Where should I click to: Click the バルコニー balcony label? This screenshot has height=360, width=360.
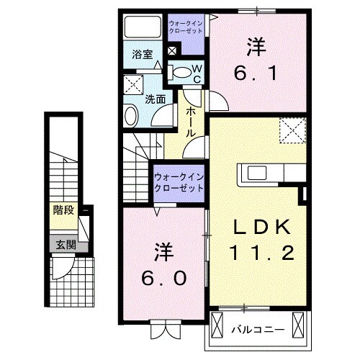tap(257, 330)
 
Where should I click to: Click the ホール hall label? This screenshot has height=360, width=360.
tap(192, 123)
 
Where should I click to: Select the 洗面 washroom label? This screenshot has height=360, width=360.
tap(155, 99)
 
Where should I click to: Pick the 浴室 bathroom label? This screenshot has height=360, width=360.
tap(141, 54)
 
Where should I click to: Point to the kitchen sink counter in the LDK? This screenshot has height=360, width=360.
tap(262, 173)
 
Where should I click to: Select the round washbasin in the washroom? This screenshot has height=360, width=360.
tap(131, 114)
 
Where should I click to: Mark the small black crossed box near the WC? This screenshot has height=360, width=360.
tap(172, 52)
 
